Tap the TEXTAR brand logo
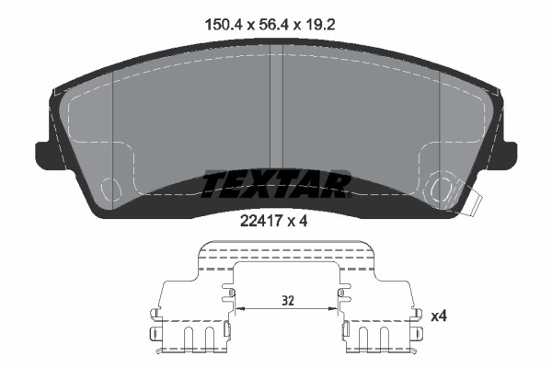tap(275, 184)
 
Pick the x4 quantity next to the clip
tap(440, 316)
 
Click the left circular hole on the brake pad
tap(111, 190)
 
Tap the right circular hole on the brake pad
tap(443, 190)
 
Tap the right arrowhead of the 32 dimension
tap(336, 309)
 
